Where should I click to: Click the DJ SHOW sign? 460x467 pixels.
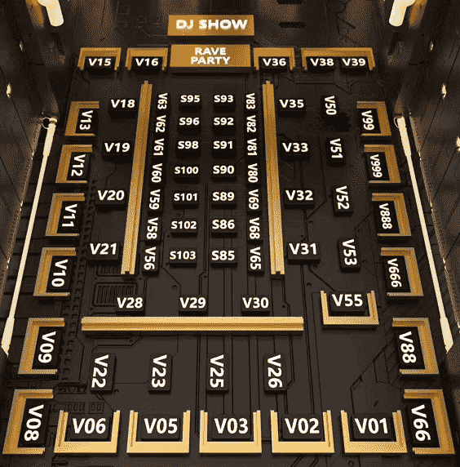210,24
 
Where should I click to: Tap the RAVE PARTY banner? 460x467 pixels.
210,56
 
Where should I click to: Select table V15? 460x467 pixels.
100,62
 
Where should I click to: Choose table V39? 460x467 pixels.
354,62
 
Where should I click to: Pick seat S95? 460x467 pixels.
190,99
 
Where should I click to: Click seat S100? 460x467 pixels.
186,171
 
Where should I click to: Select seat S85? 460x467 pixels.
223,256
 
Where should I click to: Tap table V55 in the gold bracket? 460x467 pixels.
347,300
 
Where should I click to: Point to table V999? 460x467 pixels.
377,166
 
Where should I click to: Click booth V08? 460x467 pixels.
33,422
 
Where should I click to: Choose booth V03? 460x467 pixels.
231,426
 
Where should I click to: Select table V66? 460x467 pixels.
421,422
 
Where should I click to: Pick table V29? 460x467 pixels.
192,303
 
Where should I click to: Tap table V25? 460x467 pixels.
217,371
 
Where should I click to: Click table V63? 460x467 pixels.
162,101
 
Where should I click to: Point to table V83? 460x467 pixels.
250,101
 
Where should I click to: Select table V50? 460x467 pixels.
330,105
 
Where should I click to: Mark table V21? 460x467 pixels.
104,249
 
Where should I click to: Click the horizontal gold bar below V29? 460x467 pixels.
192,324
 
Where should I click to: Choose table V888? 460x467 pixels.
385,216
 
